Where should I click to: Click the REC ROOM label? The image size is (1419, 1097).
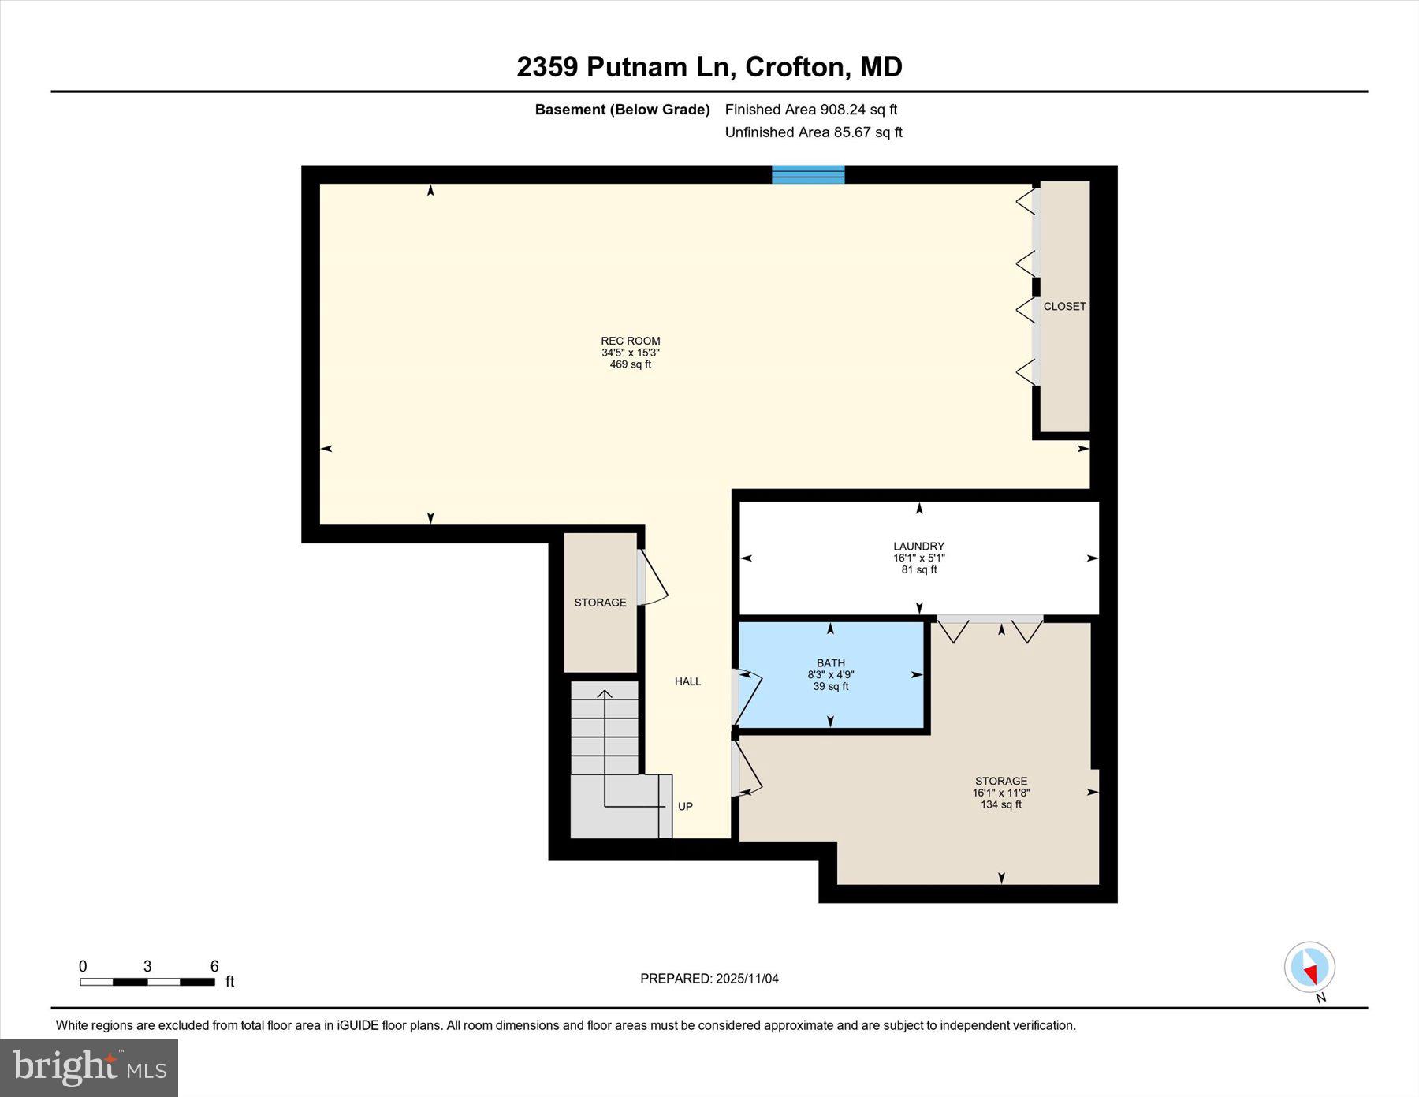tap(630, 341)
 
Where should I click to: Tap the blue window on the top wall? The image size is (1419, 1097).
tap(808, 174)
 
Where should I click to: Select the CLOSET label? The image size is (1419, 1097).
tap(1064, 306)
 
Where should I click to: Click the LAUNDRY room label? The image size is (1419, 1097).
tap(918, 546)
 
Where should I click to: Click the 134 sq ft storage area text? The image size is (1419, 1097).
tap(1000, 804)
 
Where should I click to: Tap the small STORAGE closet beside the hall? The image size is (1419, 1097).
tap(600, 603)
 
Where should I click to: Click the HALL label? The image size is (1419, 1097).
tap(687, 681)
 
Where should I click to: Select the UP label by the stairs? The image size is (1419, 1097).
tap(685, 806)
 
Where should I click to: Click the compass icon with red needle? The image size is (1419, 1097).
tap(1309, 967)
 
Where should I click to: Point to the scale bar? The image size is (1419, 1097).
tap(147, 982)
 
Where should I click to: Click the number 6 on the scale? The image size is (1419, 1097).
tap(214, 966)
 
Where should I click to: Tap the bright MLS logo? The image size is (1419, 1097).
tap(89, 1068)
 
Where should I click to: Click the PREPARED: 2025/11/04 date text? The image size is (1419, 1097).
tap(709, 979)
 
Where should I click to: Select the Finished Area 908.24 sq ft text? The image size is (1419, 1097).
tap(810, 110)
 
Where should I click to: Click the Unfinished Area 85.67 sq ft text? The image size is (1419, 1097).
tap(813, 132)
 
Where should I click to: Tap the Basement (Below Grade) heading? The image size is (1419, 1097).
tap(622, 110)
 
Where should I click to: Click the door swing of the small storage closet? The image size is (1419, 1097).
tap(654, 579)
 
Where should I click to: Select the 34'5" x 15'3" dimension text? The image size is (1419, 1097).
tap(630, 353)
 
